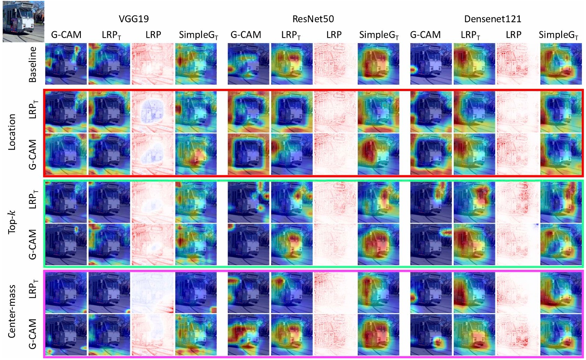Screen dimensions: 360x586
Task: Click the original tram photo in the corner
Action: click(23, 21)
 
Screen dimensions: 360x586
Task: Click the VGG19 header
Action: click(131, 19)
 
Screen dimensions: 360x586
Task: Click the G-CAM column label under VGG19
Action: click(66, 35)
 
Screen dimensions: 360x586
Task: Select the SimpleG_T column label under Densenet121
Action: click(561, 35)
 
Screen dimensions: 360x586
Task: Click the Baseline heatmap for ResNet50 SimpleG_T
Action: click(378, 64)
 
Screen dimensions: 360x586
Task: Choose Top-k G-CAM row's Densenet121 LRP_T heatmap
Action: click(474, 245)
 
